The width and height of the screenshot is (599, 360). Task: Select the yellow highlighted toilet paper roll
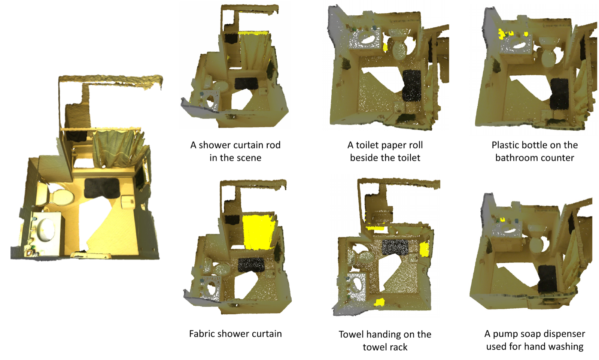(x=385, y=47)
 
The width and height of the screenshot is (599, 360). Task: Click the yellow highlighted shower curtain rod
(x=253, y=33)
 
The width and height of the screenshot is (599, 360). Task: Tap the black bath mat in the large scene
(x=101, y=188)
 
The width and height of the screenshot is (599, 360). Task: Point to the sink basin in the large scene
(x=46, y=229)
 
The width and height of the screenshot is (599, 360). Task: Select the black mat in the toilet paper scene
(x=412, y=85)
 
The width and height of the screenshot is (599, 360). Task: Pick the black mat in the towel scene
(x=395, y=247)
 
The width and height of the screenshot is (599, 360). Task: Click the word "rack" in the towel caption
(x=398, y=347)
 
